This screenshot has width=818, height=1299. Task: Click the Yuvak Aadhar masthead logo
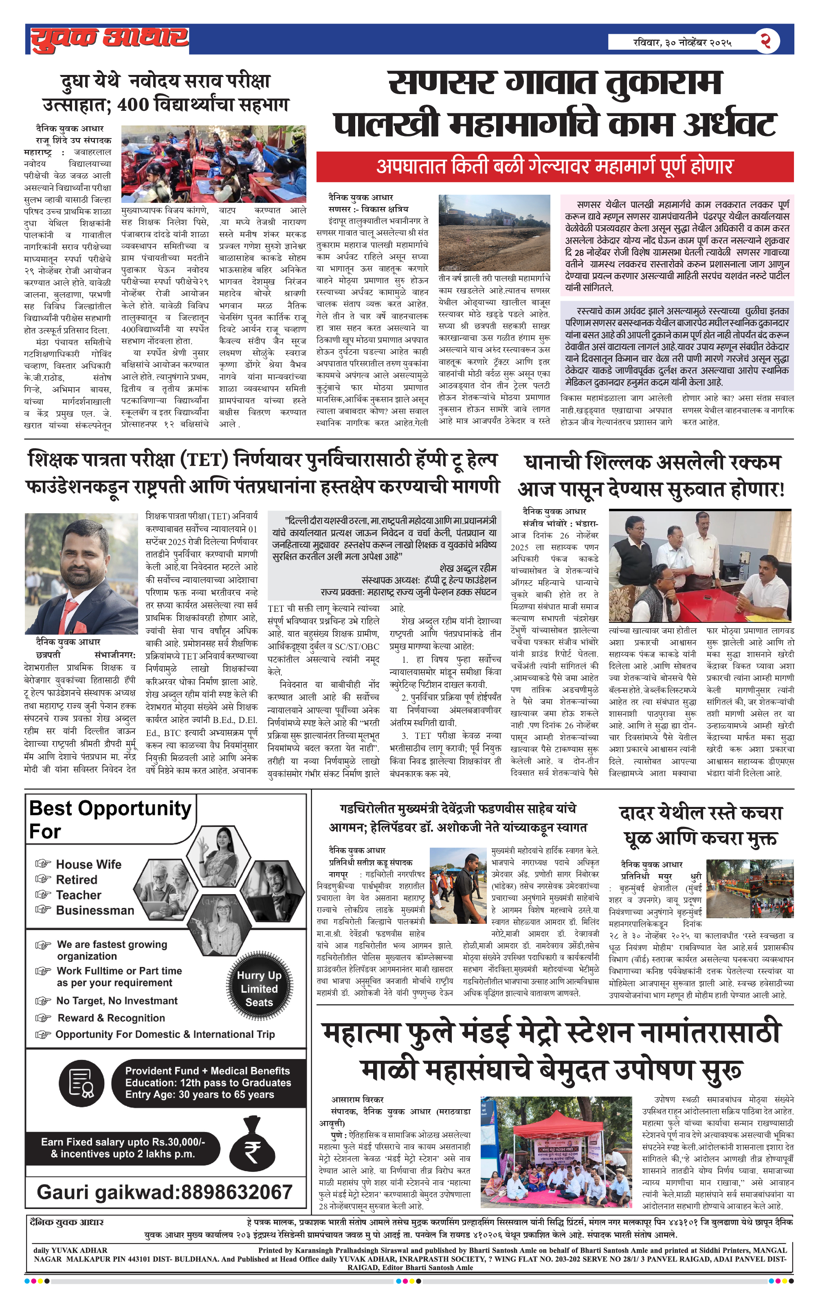point(110,40)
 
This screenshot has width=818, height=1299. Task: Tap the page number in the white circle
point(766,41)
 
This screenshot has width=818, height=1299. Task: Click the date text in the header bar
point(682,42)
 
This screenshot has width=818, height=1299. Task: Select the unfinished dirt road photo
point(494,233)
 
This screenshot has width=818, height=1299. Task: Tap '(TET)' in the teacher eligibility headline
point(204,460)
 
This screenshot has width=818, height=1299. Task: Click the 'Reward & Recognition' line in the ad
point(111,1018)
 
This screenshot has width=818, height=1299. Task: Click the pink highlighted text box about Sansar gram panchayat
point(677,246)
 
